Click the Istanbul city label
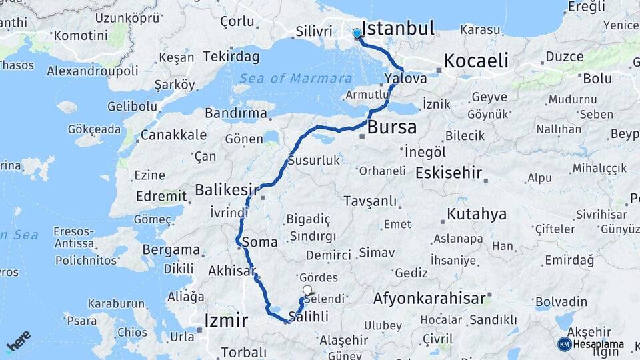pyautogui.click(x=397, y=28)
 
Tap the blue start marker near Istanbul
pyautogui.click(x=357, y=33)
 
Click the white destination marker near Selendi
pyautogui.click(x=307, y=290)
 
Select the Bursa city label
pyautogui.click(x=392, y=127)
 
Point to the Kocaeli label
pyautogui.click(x=476, y=61)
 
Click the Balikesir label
pyautogui.click(x=226, y=190)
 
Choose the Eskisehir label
pyautogui.click(x=448, y=173)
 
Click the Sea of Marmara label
pyautogui.click(x=295, y=78)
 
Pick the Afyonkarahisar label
pyautogui.click(x=429, y=298)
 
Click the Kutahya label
pyautogui.click(x=477, y=214)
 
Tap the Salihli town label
pyautogui.click(x=309, y=317)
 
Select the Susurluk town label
pyautogui.click(x=314, y=161)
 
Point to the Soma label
pyautogui.click(x=261, y=241)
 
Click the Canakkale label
pyautogui.click(x=173, y=135)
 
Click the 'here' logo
pyautogui.click(x=19, y=341)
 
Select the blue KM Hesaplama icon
pyautogui.click(x=565, y=344)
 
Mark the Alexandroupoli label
pyautogui.click(x=93, y=70)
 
